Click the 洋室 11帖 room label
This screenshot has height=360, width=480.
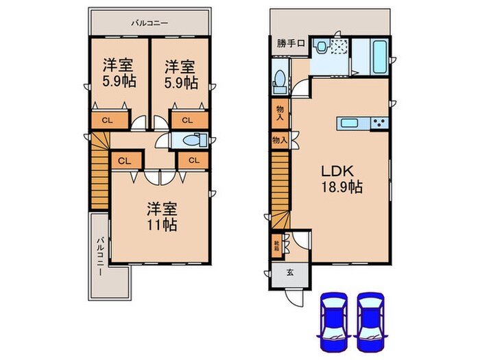[163, 215]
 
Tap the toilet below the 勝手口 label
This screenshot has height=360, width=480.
[279, 82]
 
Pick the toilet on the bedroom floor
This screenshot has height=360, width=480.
[182, 140]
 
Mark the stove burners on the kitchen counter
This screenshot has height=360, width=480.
[379, 123]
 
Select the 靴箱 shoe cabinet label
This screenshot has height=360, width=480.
[277, 243]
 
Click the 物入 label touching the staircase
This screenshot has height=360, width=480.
[278, 140]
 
